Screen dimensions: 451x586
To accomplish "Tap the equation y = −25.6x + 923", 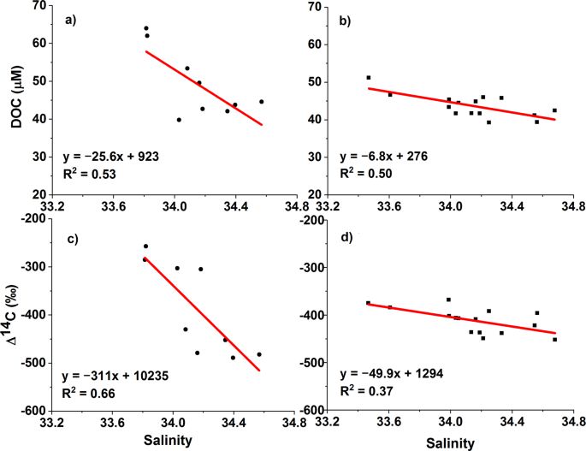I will click(110, 157).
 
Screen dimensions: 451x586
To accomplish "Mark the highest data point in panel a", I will click(145, 28).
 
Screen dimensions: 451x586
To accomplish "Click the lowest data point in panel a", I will click(179, 120).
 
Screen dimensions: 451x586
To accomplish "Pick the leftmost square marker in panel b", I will click(369, 78).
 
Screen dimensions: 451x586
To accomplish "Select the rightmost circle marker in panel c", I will click(259, 354).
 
